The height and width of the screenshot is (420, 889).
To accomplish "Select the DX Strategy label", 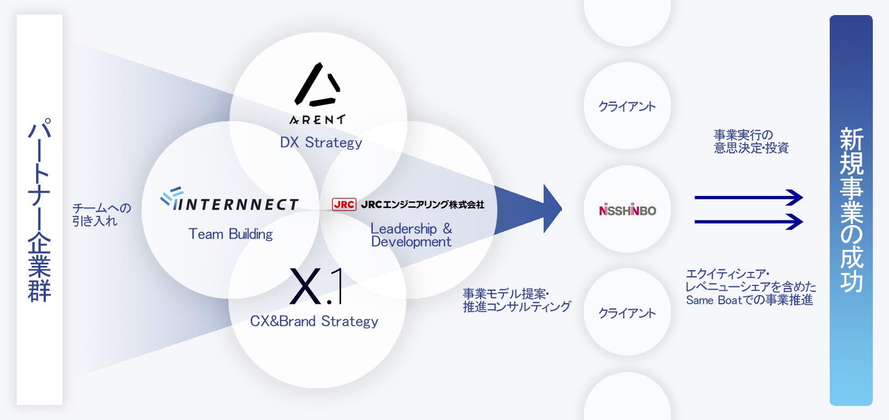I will [321, 143].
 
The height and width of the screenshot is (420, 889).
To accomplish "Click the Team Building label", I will [231, 234].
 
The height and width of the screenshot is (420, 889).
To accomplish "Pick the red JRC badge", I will [344, 205].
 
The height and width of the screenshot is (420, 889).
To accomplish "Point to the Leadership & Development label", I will [411, 235].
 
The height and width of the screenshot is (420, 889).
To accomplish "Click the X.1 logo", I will [316, 286].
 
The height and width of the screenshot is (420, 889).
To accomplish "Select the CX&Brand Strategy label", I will [314, 321].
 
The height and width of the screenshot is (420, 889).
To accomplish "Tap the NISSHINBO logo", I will [627, 210].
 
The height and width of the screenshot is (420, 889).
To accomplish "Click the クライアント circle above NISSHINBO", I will [627, 106].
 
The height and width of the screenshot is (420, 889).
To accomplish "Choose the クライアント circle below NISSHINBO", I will [627, 313].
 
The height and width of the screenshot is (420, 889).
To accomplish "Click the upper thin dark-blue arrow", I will [748, 197].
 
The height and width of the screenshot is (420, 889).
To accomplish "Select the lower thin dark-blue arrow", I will [748, 221].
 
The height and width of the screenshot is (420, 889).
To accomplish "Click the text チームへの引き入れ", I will [101, 214].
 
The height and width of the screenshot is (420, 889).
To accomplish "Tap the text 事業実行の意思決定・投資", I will [751, 142].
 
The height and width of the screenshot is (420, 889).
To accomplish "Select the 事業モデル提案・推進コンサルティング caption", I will [516, 300].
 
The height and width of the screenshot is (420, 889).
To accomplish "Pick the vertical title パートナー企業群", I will [39, 210].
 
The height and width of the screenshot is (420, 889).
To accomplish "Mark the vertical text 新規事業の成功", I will [851, 210].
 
